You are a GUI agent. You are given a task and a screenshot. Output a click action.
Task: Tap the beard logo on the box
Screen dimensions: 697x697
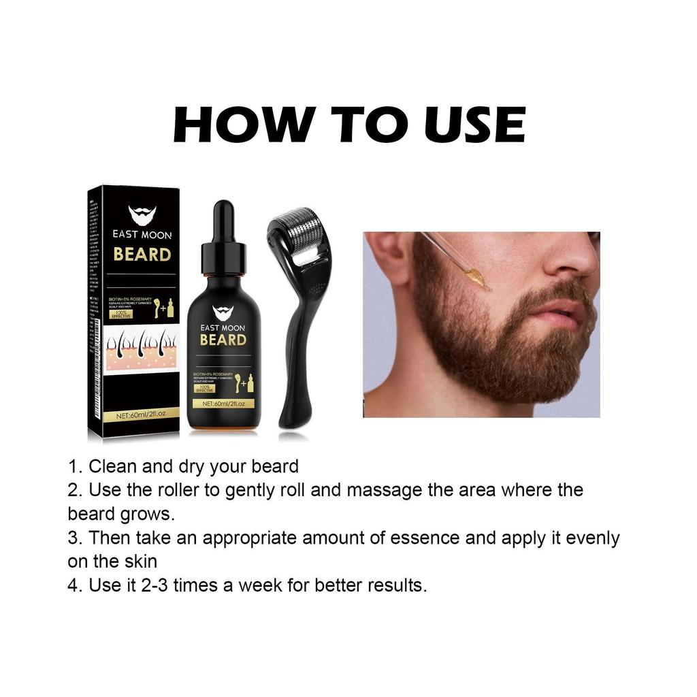[142, 215]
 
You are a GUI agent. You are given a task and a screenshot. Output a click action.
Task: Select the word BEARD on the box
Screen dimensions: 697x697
[142, 255]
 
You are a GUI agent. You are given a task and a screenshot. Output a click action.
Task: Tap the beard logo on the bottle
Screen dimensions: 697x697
[223, 312]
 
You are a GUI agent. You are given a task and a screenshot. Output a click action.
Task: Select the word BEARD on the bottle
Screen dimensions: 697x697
[223, 339]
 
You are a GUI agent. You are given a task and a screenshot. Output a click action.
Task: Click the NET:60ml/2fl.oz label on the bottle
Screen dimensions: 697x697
[223, 404]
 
